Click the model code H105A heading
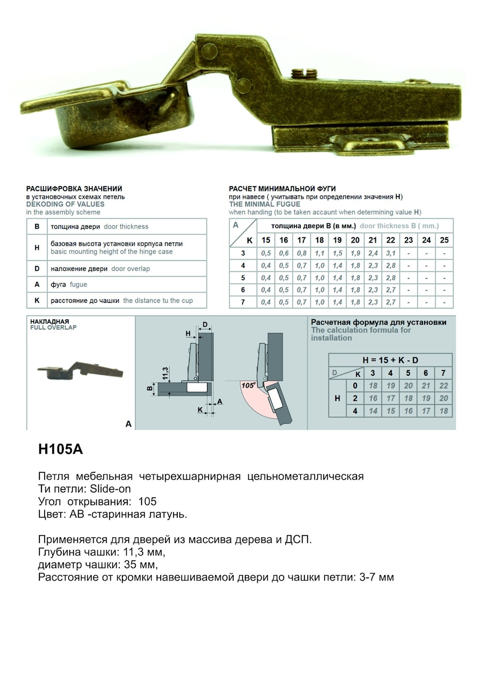point(61,449)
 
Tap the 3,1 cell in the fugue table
point(391,253)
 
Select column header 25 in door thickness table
point(444,240)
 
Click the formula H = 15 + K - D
point(390,360)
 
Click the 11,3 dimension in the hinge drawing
point(166,373)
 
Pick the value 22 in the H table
point(443,385)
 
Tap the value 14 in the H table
point(373,411)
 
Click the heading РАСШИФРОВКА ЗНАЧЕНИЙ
point(75,189)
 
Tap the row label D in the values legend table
point(37,269)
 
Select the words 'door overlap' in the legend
point(130,269)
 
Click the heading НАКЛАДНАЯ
point(49,321)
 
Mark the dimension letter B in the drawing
point(150,389)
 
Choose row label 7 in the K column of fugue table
point(243,302)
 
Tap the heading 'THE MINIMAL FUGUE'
point(265,204)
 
